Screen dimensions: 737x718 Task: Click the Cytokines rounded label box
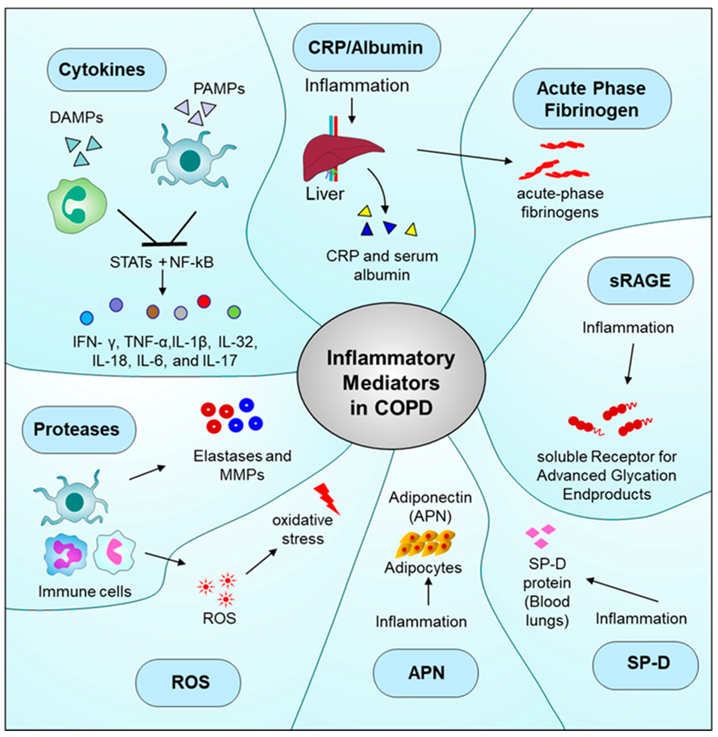(x=106, y=70)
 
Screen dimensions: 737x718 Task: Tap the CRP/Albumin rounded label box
(x=367, y=48)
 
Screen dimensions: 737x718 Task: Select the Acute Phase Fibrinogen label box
(x=592, y=99)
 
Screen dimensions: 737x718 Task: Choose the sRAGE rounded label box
(x=640, y=281)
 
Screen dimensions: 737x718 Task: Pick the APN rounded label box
(x=426, y=673)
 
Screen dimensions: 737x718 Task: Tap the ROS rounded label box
(x=188, y=682)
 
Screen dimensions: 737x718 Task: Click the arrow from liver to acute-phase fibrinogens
(x=464, y=156)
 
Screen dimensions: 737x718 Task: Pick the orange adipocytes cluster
(x=425, y=543)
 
